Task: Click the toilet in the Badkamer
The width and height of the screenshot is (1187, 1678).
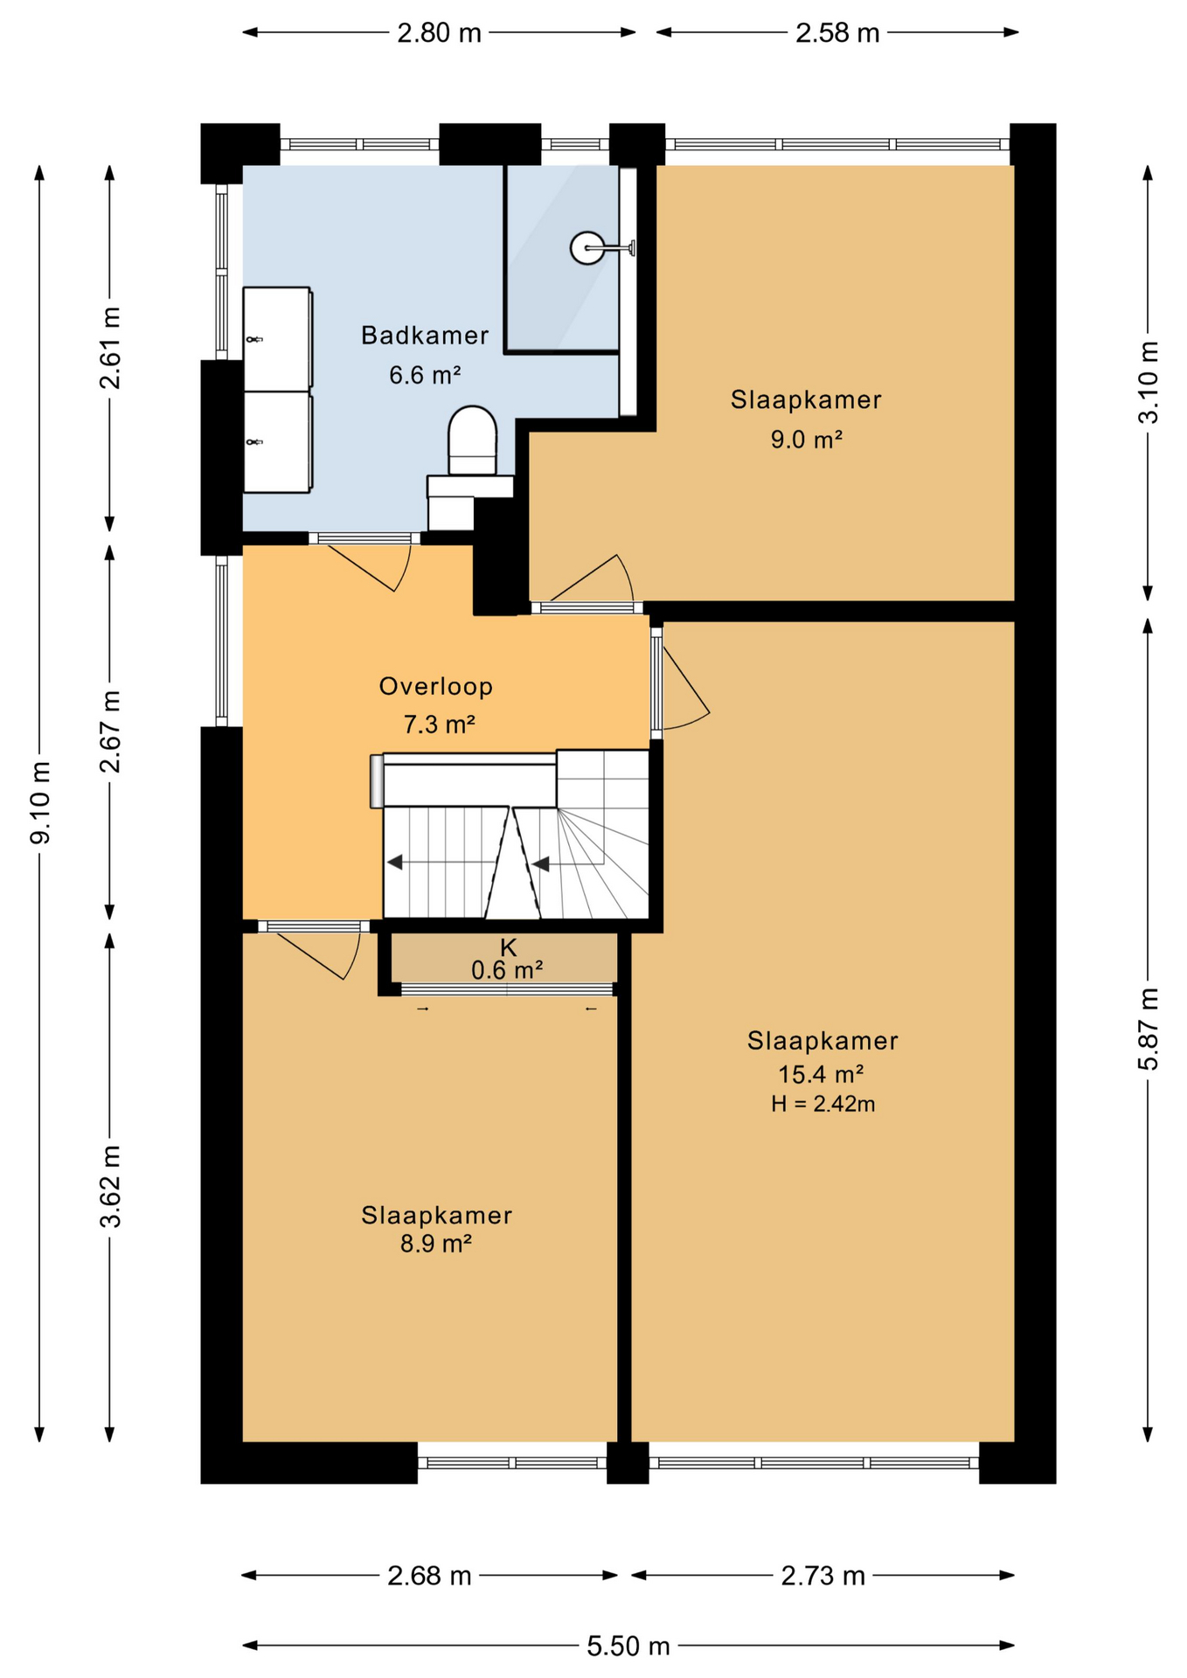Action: (472, 441)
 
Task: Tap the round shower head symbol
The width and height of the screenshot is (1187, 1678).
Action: (587, 248)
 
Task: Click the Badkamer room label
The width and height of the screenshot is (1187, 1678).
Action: (425, 336)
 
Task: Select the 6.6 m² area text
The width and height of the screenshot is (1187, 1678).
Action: (425, 375)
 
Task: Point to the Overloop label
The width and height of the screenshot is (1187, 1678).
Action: (435, 687)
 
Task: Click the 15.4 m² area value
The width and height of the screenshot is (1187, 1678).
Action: (821, 1073)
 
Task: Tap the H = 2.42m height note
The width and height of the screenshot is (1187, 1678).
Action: (823, 1104)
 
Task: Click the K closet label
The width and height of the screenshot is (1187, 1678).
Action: (508, 947)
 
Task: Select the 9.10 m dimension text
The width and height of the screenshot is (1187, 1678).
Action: (40, 802)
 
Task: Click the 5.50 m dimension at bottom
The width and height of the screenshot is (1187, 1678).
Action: (628, 1647)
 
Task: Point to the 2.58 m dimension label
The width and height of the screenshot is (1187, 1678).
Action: (836, 33)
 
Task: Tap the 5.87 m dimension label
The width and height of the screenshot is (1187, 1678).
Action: (1148, 1029)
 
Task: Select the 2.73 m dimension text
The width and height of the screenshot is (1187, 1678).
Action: (823, 1576)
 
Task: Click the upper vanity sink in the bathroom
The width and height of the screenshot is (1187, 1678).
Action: (276, 339)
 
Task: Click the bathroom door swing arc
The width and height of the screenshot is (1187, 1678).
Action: (376, 568)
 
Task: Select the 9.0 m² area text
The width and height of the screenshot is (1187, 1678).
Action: (806, 440)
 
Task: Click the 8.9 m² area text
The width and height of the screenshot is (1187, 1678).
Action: (436, 1244)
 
